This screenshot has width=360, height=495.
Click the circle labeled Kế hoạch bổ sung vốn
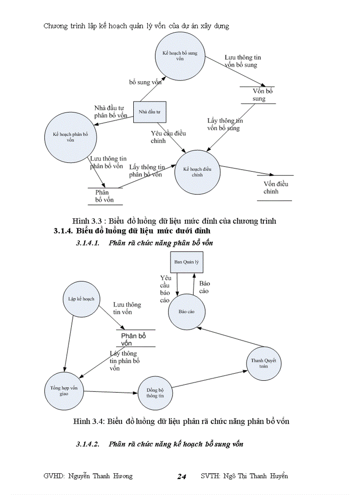tap(180, 55)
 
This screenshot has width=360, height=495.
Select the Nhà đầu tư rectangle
tap(149, 112)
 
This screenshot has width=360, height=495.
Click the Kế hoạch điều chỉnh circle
tap(197, 171)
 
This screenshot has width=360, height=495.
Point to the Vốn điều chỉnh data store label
tap(275, 188)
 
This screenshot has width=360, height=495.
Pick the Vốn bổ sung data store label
tap(259, 95)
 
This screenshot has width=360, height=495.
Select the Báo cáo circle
tap(186, 311)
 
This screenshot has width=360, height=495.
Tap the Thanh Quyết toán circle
tap(263, 363)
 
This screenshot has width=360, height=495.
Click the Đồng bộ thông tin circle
tap(155, 393)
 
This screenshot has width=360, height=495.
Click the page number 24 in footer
tap(181, 476)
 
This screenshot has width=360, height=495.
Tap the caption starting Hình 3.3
tap(174, 220)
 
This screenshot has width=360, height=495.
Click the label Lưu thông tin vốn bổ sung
tap(242, 61)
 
